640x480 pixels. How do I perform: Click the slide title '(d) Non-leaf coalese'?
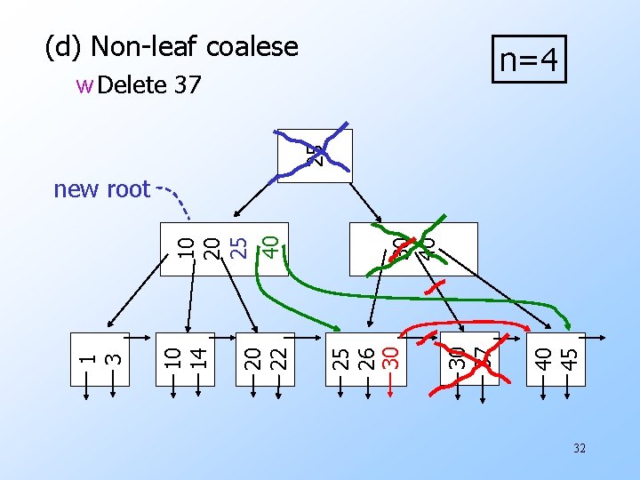(x=172, y=46)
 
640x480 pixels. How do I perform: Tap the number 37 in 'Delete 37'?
(x=188, y=85)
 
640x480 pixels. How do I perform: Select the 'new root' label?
(x=101, y=189)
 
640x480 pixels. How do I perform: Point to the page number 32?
(x=580, y=449)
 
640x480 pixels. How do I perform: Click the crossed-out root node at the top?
(x=313, y=156)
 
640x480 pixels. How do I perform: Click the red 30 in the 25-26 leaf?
(x=389, y=358)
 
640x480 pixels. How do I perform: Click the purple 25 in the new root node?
(x=238, y=244)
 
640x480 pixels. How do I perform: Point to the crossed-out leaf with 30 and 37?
(x=468, y=359)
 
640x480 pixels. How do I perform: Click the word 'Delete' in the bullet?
(x=133, y=85)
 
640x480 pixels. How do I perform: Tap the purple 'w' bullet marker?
(x=84, y=86)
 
